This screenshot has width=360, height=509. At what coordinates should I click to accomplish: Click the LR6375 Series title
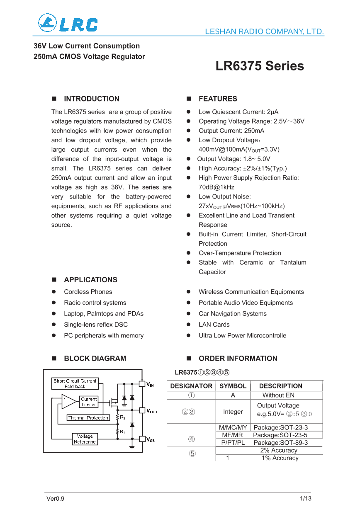259,66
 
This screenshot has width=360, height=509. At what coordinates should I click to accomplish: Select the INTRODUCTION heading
91,99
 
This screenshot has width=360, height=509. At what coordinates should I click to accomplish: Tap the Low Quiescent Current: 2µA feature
238,112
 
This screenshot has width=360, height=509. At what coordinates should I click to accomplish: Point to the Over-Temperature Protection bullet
239,253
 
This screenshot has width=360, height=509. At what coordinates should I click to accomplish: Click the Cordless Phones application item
88,292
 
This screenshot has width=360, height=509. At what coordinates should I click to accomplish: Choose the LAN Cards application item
214,325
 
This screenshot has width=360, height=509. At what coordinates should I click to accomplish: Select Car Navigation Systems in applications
232,314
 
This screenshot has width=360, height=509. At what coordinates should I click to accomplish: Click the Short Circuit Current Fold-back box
75,383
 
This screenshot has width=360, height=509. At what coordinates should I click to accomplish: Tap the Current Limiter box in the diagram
89,402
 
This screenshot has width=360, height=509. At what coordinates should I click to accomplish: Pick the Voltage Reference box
85,439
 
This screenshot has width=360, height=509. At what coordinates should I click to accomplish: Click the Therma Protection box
88,418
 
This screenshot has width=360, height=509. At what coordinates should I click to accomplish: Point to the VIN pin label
150,385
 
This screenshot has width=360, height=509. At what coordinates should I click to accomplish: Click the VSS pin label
151,440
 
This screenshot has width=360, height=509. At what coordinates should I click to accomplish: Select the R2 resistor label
123,417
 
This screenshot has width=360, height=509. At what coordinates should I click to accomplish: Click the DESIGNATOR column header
191,386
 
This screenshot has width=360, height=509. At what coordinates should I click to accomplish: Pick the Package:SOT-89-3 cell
280,443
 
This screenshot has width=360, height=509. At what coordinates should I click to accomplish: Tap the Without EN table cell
278,395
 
